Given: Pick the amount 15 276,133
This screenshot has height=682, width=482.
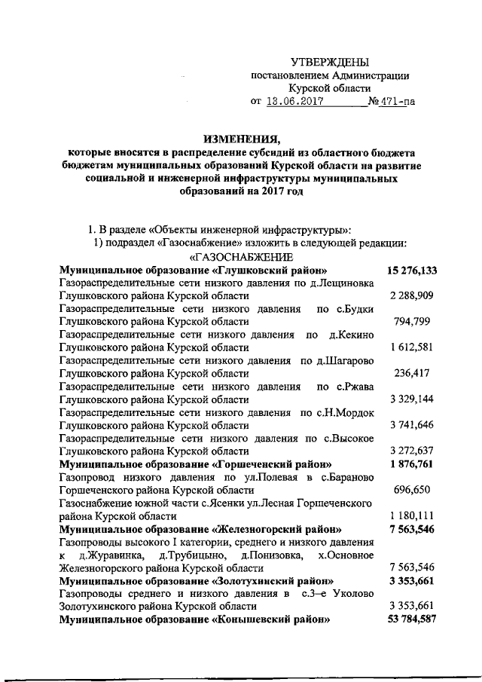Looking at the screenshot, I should pos(412,270).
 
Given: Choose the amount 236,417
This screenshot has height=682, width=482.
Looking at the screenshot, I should pos(412,373).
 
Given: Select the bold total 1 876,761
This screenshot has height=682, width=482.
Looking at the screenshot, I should pos(410,463).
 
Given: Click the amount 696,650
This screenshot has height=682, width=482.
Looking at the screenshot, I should pos(412,490).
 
